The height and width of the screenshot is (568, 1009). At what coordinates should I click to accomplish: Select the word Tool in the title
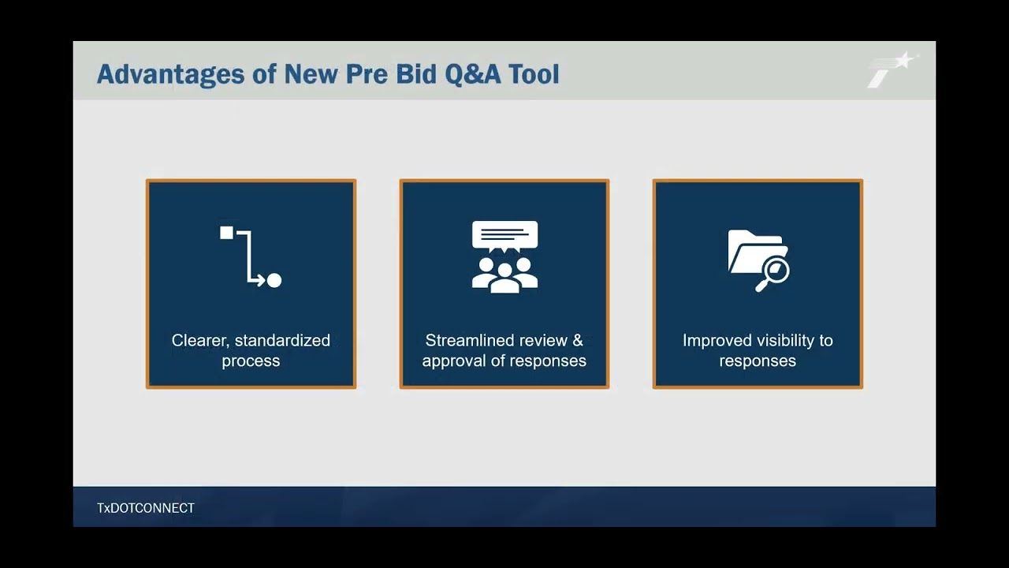point(534,74)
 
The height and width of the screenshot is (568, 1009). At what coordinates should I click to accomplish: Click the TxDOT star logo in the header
point(892,69)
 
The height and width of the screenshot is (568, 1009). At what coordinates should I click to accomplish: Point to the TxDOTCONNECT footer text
point(146,508)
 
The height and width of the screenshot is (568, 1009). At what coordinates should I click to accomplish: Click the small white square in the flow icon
point(227,233)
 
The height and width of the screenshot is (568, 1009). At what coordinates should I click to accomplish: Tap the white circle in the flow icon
point(274,280)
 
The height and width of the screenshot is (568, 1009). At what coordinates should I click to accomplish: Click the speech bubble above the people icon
point(504,235)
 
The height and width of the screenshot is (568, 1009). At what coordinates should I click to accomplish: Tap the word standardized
point(282,341)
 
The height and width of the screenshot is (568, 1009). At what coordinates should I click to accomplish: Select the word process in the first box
point(251,361)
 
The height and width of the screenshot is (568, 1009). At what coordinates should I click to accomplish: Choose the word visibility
point(784,341)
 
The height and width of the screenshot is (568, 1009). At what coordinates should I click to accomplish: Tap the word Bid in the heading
point(415,74)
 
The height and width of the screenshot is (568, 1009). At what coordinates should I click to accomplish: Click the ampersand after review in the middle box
point(578,341)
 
